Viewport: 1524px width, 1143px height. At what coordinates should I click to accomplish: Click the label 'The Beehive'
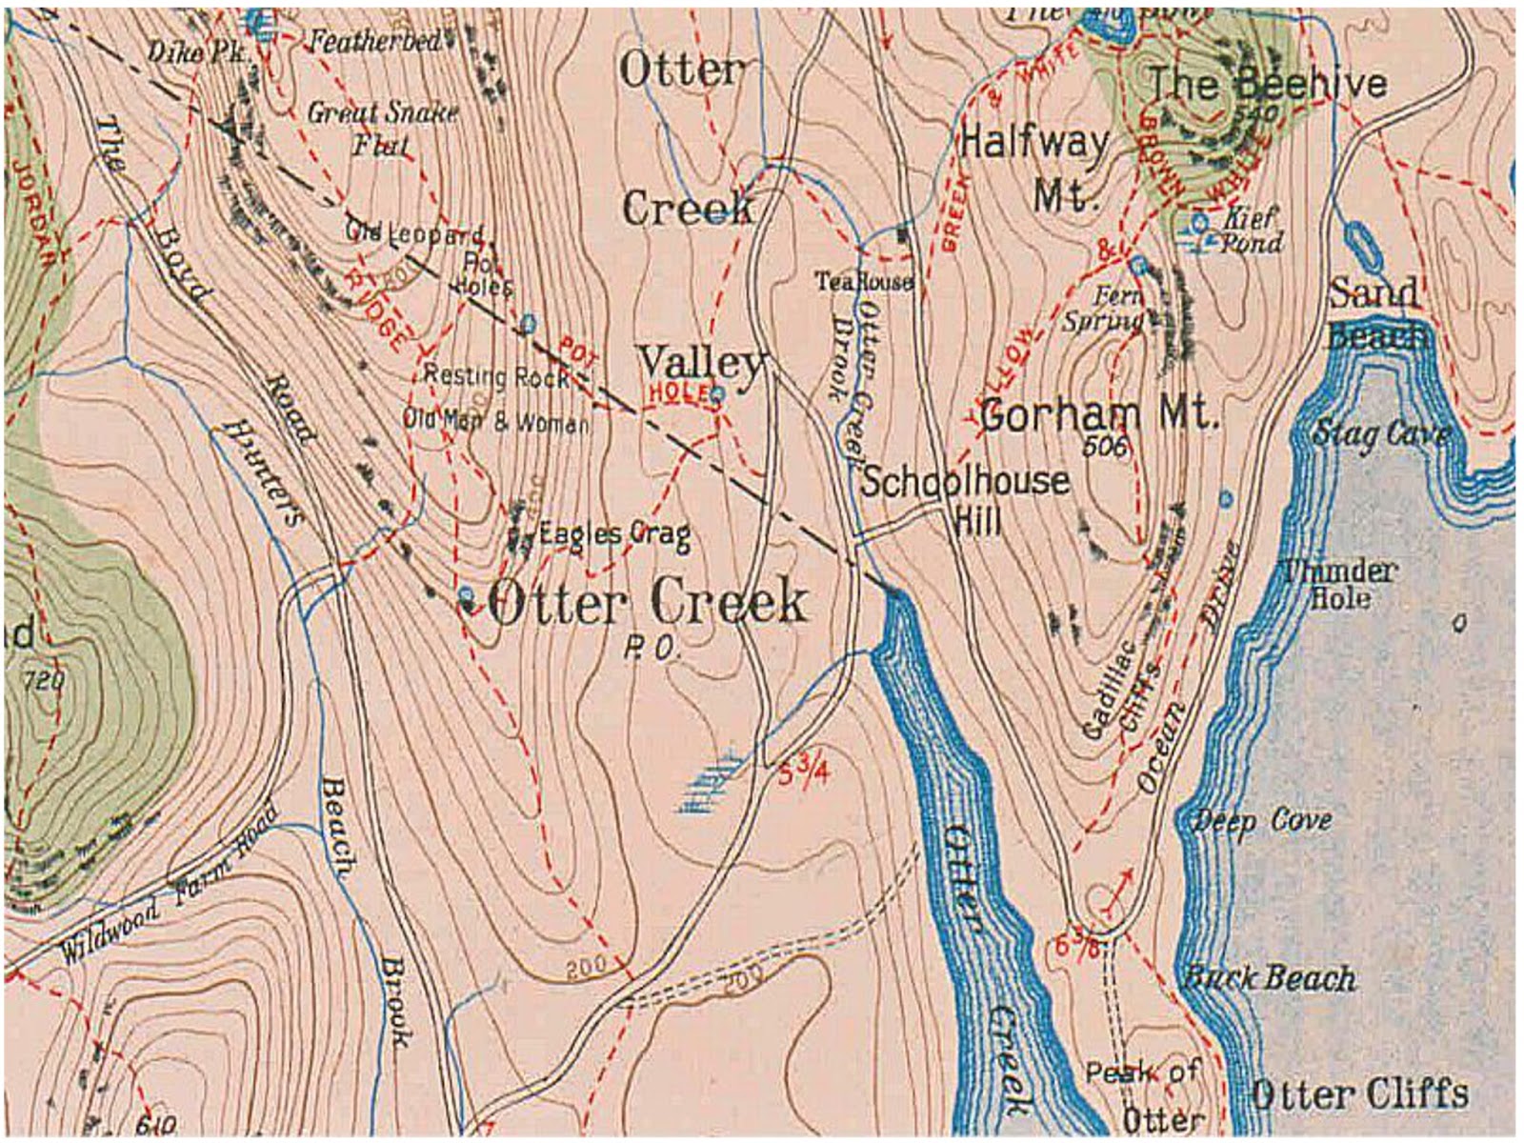(1267, 85)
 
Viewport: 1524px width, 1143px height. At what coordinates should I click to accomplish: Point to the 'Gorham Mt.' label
(1098, 414)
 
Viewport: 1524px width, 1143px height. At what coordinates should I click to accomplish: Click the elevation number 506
(1105, 446)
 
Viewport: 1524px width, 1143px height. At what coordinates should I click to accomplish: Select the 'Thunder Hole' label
(1338, 584)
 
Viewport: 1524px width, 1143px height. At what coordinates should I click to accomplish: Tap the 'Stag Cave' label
(1380, 434)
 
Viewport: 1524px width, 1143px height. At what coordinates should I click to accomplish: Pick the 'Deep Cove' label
(1261, 820)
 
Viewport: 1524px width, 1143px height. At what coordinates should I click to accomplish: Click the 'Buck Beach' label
(1269, 977)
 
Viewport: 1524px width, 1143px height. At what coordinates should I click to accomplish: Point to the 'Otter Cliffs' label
(1358, 1094)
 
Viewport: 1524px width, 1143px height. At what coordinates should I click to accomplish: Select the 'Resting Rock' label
(495, 376)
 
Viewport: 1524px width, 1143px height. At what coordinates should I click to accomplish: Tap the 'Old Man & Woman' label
(495, 421)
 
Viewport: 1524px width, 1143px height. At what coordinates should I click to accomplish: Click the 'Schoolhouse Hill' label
(964, 498)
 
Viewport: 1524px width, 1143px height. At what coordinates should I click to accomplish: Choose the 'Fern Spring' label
(1105, 308)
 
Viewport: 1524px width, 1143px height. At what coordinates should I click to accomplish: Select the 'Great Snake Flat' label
(381, 128)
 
